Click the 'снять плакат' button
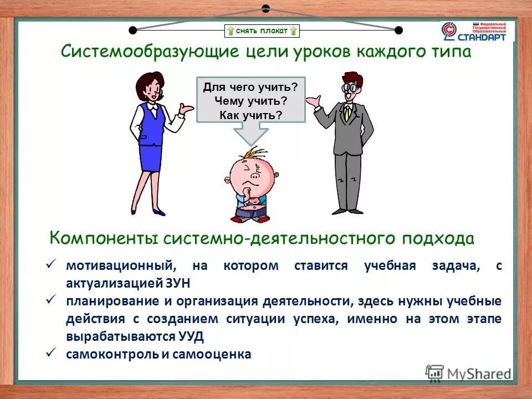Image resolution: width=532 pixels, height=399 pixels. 262,31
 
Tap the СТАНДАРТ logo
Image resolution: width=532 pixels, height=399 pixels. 477,32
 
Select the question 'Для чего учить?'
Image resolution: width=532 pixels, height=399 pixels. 250,87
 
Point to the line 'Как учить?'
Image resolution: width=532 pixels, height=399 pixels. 250,115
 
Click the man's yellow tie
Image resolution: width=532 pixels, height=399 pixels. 347,113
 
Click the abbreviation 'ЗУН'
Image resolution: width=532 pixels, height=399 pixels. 177,283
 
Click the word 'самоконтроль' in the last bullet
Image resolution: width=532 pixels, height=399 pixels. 110,354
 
